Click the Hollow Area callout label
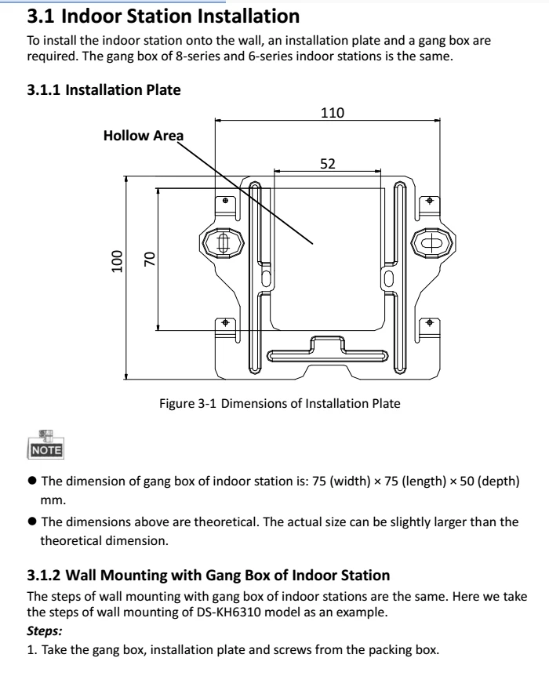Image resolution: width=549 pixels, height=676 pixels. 143,136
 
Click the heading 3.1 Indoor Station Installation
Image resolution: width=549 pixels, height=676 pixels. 163,15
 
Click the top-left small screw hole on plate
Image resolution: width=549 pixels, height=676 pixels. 226,201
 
